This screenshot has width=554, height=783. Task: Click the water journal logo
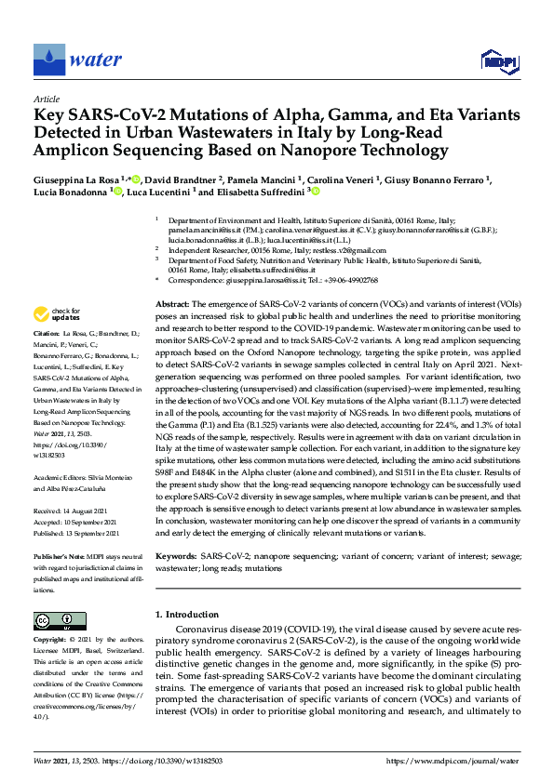click(77, 60)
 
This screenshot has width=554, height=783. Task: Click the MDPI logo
click(498, 61)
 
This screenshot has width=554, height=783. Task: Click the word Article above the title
click(46, 99)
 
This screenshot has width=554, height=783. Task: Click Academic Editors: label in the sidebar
click(61, 477)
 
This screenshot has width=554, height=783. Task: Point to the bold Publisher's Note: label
click(60, 556)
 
